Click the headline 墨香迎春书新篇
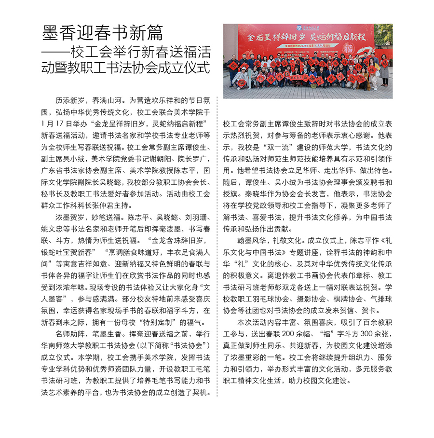[x=102, y=33]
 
